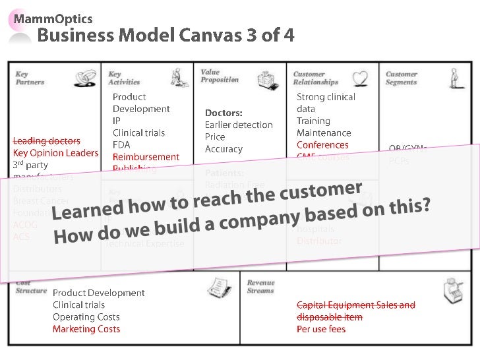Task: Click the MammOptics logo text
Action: (60, 18)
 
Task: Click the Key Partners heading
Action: (30, 78)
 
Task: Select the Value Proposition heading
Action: (220, 76)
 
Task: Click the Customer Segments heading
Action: (401, 78)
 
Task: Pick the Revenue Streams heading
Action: (260, 286)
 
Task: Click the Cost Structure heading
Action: (31, 287)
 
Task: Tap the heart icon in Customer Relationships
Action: (360, 79)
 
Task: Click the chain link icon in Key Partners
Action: (84, 79)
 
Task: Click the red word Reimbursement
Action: (146, 157)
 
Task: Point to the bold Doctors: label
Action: (224, 113)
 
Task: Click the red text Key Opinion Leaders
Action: (55, 153)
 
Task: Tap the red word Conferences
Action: (322, 145)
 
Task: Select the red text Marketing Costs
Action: (86, 329)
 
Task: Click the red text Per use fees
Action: (320, 329)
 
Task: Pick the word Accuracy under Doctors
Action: (224, 149)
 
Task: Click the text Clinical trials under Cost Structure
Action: (78, 305)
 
